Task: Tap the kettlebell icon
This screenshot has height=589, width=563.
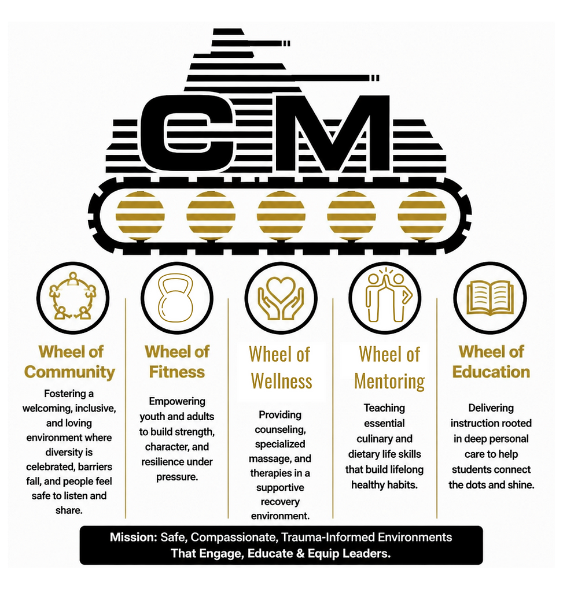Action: [x=176, y=299]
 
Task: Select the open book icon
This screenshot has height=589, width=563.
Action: [x=491, y=299]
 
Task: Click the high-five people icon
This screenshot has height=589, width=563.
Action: [x=386, y=297]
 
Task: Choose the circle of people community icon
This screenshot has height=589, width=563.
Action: [x=73, y=297]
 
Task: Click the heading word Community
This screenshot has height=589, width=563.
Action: [x=70, y=372]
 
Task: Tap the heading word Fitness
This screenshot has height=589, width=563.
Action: [x=176, y=372]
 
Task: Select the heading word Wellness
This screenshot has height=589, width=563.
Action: [x=281, y=381]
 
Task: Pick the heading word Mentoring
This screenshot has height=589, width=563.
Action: [x=389, y=381]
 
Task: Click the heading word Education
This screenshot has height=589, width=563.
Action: [x=491, y=372]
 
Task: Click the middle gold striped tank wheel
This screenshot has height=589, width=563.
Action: [x=281, y=216]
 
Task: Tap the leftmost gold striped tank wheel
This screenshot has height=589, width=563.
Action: [x=140, y=216]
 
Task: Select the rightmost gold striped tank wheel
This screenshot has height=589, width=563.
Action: [x=422, y=216]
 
